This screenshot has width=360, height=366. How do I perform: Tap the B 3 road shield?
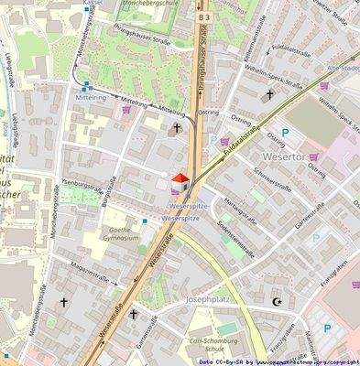point(204,17)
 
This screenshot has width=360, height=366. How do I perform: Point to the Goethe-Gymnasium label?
point(124,234)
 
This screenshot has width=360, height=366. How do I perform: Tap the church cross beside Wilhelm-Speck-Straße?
point(269,94)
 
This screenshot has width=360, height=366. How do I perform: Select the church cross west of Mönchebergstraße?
point(64,301)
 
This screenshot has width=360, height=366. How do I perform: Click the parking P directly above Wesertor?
point(285,134)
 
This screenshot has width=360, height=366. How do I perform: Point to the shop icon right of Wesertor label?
point(314,156)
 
